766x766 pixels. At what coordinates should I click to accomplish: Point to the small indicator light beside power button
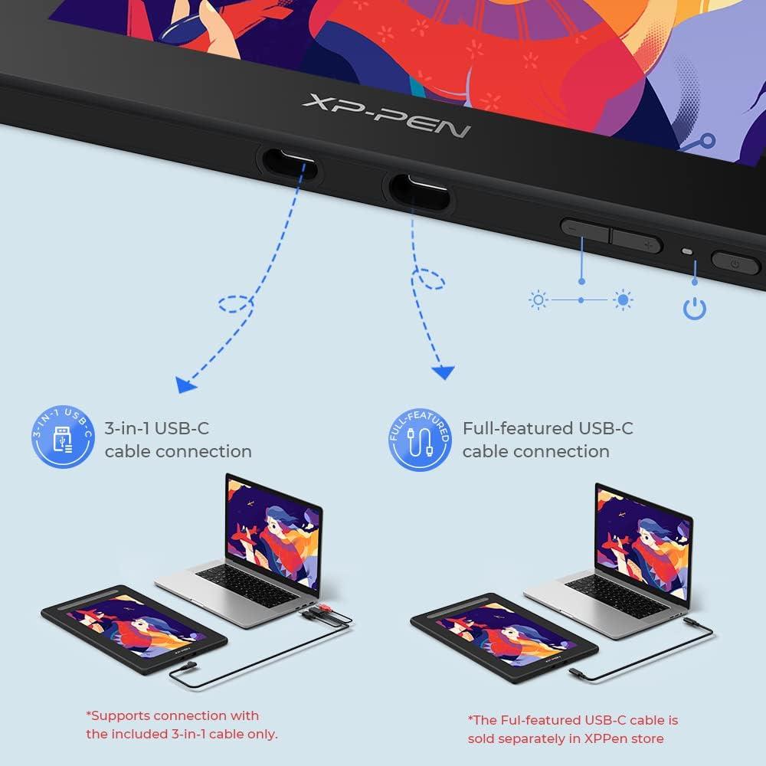click(x=686, y=252)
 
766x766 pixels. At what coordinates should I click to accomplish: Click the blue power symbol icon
click(x=694, y=309)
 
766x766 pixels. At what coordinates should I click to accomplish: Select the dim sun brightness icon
click(x=538, y=300)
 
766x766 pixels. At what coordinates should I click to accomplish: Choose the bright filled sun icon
click(x=623, y=300)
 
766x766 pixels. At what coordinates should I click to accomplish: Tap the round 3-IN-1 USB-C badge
click(x=64, y=439)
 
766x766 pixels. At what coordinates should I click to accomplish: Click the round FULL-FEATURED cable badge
click(x=420, y=439)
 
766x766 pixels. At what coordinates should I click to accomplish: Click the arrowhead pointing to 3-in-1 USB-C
click(x=183, y=385)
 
